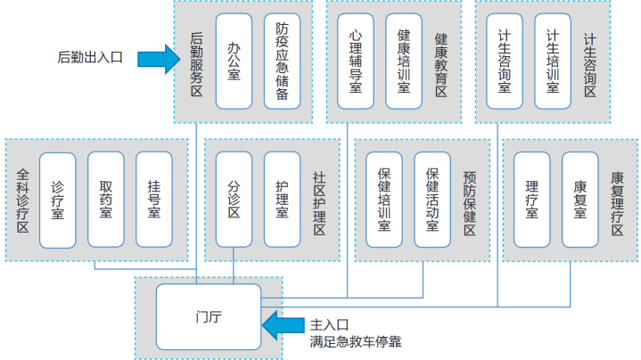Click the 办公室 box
pos(234,61)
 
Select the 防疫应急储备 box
pos(283,61)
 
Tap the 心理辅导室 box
pos(356,61)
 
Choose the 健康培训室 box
pos(403,61)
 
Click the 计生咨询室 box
pos(505,61)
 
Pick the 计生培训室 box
pos(552,61)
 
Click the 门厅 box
pos(208,315)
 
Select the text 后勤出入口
pos(90,58)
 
